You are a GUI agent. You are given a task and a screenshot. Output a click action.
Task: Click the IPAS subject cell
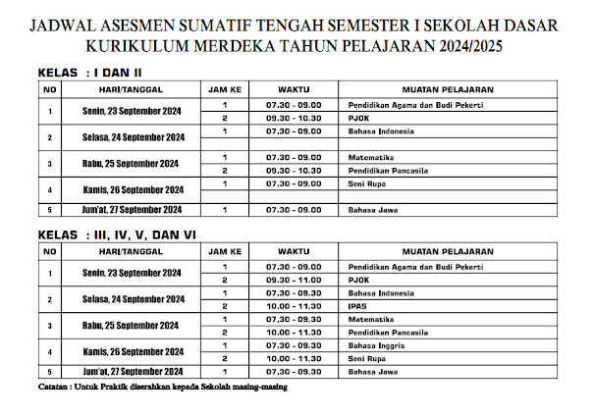(x=355, y=306)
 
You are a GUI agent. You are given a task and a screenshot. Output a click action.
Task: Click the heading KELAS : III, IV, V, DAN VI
(x=116, y=236)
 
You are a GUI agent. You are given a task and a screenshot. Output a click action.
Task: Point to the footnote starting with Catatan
(x=158, y=386)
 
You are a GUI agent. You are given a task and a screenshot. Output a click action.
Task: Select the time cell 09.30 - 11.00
(x=293, y=280)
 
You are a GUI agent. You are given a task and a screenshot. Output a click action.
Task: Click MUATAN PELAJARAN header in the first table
(x=446, y=89)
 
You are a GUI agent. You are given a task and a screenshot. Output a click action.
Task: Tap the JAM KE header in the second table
(x=225, y=252)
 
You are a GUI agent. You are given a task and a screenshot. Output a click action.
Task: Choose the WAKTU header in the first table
(x=293, y=89)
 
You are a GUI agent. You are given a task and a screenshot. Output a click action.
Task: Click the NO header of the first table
(x=48, y=89)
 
